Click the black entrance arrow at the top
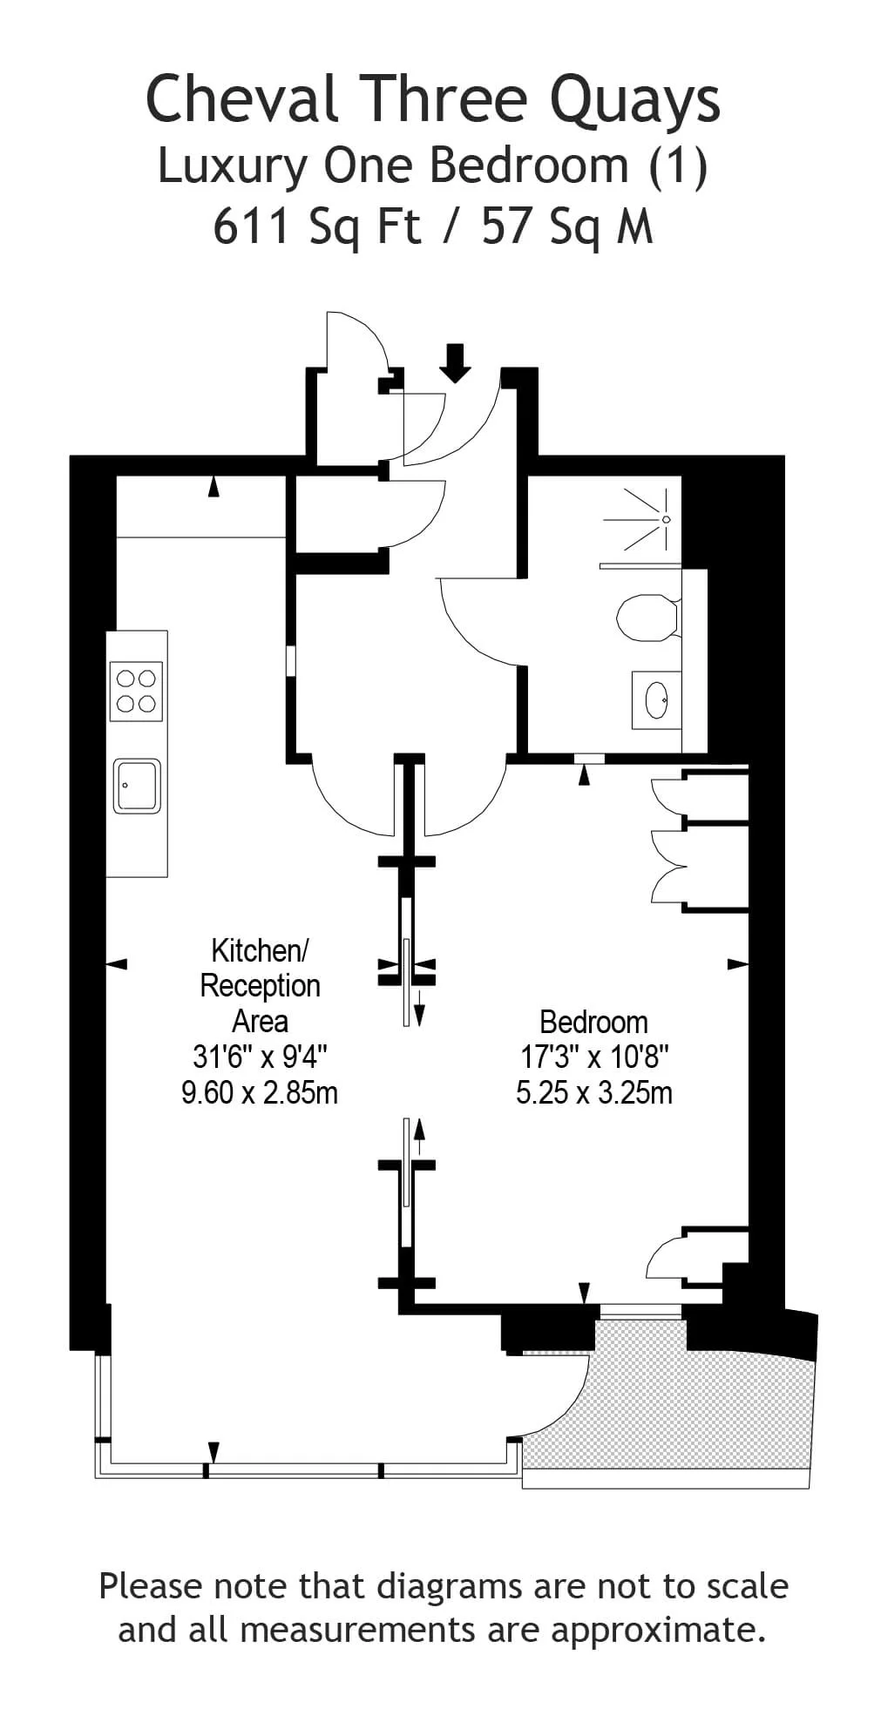[x=454, y=363]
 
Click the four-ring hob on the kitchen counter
[x=137, y=691]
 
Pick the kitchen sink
[x=137, y=786]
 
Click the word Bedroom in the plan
[x=593, y=1022]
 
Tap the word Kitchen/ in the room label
[x=260, y=949]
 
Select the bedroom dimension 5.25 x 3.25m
[x=594, y=1092]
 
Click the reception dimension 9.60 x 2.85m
[x=260, y=1092]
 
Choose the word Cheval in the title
[x=242, y=98]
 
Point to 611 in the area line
[x=251, y=226]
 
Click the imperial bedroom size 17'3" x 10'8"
[x=594, y=1057]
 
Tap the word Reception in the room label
[x=260, y=986]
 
